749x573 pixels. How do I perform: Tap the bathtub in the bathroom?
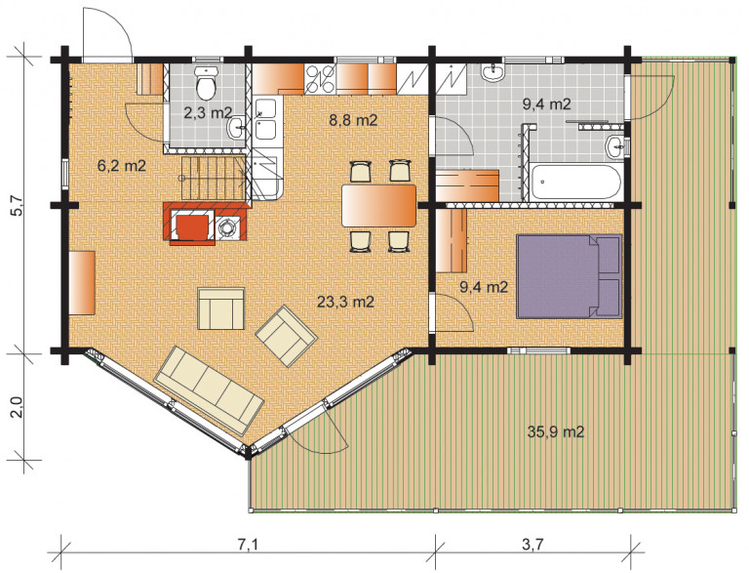click(576, 183)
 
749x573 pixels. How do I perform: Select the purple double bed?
click(569, 276)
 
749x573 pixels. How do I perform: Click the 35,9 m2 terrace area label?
click(556, 431)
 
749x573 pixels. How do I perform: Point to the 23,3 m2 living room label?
click(345, 302)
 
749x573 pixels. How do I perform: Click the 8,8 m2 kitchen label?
click(353, 119)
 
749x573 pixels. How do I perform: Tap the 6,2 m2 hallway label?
click(121, 166)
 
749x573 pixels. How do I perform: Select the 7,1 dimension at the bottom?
click(248, 545)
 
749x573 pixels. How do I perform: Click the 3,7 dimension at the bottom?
click(532, 545)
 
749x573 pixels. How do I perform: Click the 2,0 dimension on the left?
click(17, 407)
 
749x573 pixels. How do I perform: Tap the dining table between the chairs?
click(378, 206)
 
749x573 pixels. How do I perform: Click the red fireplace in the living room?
click(207, 223)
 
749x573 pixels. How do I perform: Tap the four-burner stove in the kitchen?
click(320, 79)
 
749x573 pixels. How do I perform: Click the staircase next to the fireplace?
click(213, 178)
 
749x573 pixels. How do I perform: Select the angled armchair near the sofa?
click(286, 336)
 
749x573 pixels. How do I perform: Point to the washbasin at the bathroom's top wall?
click(492, 72)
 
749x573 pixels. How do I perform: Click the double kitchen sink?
click(265, 119)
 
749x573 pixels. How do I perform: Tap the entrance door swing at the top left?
click(107, 33)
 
